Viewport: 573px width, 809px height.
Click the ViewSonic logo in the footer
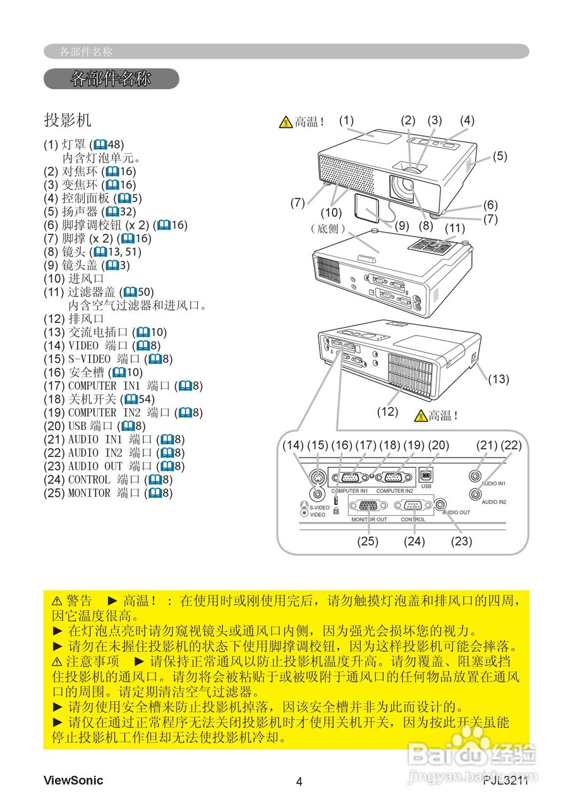[73, 781]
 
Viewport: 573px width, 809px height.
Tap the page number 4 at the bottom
[299, 782]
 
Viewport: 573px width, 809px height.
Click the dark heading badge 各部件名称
[111, 79]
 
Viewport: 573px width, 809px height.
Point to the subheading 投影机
[68, 119]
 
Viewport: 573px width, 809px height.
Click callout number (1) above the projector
[346, 119]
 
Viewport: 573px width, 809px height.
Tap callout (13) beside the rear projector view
[498, 379]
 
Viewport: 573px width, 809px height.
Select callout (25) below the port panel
[368, 541]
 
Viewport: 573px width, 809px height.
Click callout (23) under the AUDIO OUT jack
[462, 541]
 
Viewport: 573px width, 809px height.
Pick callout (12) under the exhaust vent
[387, 411]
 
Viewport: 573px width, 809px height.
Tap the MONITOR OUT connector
[368, 506]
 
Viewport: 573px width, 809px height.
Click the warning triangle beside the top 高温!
[286, 122]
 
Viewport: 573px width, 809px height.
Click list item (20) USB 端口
[94, 426]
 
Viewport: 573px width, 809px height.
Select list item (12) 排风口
[73, 319]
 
